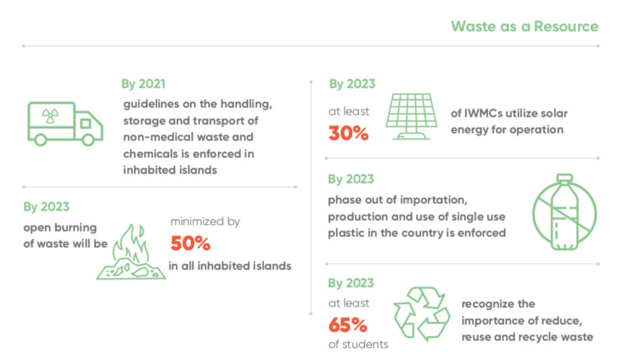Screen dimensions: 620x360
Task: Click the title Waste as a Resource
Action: tap(525, 26)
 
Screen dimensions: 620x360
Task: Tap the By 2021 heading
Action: tap(143, 84)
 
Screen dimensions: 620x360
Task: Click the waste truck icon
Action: tap(66, 124)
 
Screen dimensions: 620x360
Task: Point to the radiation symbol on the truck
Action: tap(50, 116)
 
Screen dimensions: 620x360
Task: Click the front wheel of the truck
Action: tap(88, 139)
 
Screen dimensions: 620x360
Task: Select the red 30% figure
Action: tap(348, 133)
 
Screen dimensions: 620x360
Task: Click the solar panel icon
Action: tap(411, 116)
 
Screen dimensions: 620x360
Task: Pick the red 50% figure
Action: tap(190, 243)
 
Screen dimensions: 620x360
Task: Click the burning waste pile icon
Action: tap(131, 252)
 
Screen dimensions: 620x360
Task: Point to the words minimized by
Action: tap(205, 221)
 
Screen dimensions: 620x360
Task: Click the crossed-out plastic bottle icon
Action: tap(564, 212)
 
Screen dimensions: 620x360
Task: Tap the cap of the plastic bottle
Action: tap(565, 178)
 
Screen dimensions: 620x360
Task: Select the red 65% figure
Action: tap(348, 325)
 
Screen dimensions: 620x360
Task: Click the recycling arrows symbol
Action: tap(421, 314)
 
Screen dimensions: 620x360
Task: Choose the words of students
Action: tap(358, 344)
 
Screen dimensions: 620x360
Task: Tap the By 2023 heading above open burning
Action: tap(46, 207)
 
